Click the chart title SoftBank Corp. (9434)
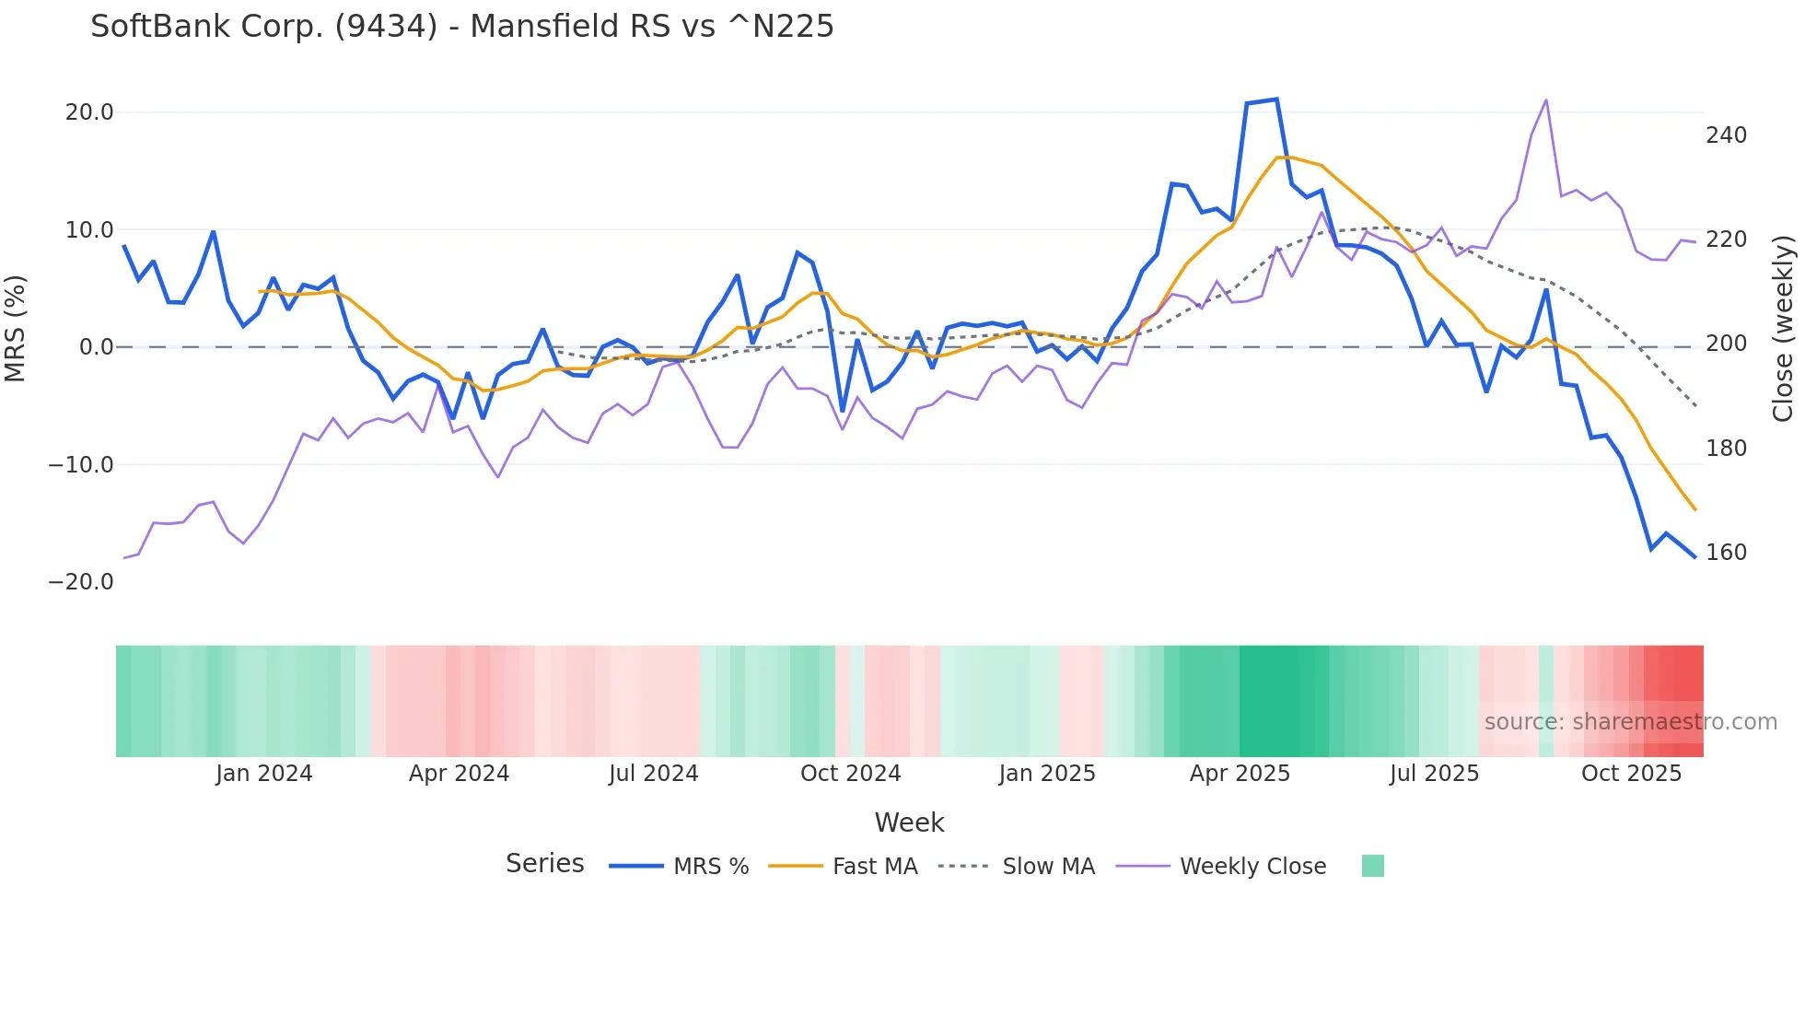click(x=461, y=26)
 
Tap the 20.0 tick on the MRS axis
click(x=89, y=112)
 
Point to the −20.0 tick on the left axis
click(x=81, y=582)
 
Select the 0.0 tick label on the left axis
click(x=97, y=347)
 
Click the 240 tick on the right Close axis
click(x=1726, y=135)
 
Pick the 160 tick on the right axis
click(x=1726, y=553)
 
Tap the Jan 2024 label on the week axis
click(x=264, y=774)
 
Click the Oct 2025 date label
click(x=1631, y=774)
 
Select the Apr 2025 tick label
click(x=1240, y=774)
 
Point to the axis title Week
click(x=909, y=822)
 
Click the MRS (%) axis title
click(x=16, y=328)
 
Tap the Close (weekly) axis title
click(x=1783, y=328)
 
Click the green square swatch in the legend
click(x=1372, y=866)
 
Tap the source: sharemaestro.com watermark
click(x=1630, y=722)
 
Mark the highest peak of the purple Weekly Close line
click(x=1546, y=100)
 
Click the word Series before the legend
click(x=544, y=864)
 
